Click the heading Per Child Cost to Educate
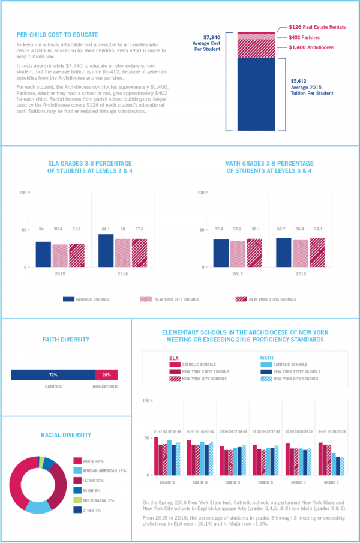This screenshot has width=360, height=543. (58, 35)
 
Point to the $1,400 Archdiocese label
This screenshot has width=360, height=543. (311, 47)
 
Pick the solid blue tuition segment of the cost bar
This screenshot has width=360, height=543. (256, 94)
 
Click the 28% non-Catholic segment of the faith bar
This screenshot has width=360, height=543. (107, 374)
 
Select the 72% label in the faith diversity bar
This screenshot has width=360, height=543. (53, 374)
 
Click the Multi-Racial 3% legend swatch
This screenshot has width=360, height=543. (77, 500)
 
